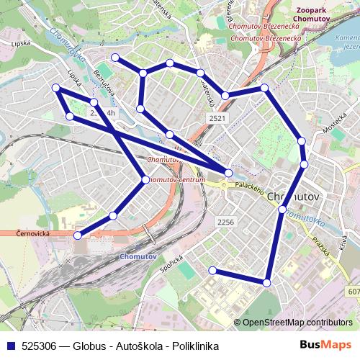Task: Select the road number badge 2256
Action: [x=226, y=222]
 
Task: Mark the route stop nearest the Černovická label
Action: [x=78, y=235]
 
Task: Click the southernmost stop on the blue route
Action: [x=266, y=283]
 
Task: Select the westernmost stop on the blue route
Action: [x=56, y=88]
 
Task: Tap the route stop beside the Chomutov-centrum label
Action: [x=146, y=179]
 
